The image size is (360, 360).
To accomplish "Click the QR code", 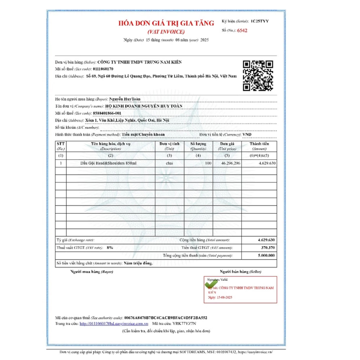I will coord(258,76).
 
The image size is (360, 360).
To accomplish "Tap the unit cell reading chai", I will coord(169,164).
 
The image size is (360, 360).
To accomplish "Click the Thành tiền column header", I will coord(259,145).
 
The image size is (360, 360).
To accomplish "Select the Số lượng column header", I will coord(198,145).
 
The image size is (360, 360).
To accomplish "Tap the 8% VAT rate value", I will coord(110,247).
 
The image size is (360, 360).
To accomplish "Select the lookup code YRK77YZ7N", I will coord(200,324).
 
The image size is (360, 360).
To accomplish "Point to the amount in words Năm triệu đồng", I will coord(138,264).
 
